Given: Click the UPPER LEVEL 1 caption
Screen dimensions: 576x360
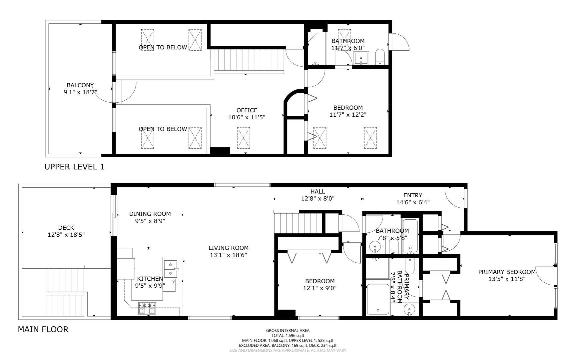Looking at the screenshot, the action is click(74, 167).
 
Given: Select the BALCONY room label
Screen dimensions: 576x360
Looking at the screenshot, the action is click(80, 85).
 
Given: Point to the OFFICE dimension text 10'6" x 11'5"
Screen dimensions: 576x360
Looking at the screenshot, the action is click(247, 117).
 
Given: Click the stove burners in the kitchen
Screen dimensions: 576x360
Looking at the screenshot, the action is click(147, 308).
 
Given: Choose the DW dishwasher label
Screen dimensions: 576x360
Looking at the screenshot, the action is click(174, 282).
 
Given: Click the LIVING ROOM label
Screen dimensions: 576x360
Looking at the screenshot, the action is click(229, 248).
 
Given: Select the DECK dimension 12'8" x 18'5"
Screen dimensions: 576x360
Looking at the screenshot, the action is click(66, 235).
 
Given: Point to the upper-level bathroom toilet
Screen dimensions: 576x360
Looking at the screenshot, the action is click(380, 57).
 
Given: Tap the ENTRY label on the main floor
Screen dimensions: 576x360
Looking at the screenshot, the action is click(413, 195).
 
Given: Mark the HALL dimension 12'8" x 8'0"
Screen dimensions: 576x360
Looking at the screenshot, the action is click(318, 198).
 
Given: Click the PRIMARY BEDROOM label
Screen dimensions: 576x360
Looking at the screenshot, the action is click(507, 272).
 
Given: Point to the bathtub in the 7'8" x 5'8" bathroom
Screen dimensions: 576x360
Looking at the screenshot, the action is click(409, 236).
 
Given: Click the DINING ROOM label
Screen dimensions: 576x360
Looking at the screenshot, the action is click(150, 214).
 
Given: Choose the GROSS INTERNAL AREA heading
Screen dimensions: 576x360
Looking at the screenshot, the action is click(288, 331).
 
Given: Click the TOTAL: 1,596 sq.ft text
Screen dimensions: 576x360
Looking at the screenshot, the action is click(288, 336).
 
